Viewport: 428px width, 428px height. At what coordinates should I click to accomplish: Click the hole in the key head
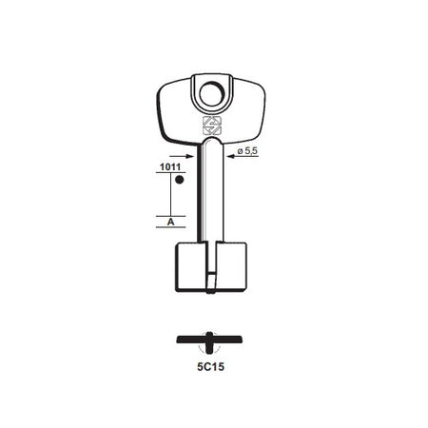(x=212, y=94)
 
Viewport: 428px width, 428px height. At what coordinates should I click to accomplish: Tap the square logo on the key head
(x=212, y=126)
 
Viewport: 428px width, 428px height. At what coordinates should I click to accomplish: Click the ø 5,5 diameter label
(x=247, y=151)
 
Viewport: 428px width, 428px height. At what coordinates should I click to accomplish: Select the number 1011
(x=170, y=167)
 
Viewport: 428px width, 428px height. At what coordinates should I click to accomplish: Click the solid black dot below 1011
(x=180, y=180)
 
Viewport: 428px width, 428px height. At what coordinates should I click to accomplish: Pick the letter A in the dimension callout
(x=170, y=222)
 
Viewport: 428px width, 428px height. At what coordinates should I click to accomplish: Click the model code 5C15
(x=210, y=367)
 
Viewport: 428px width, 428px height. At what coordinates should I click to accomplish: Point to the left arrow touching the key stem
(x=182, y=156)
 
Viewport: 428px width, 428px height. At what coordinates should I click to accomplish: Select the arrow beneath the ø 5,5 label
(x=243, y=156)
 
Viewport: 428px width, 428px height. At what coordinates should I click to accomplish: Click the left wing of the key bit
(x=191, y=266)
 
